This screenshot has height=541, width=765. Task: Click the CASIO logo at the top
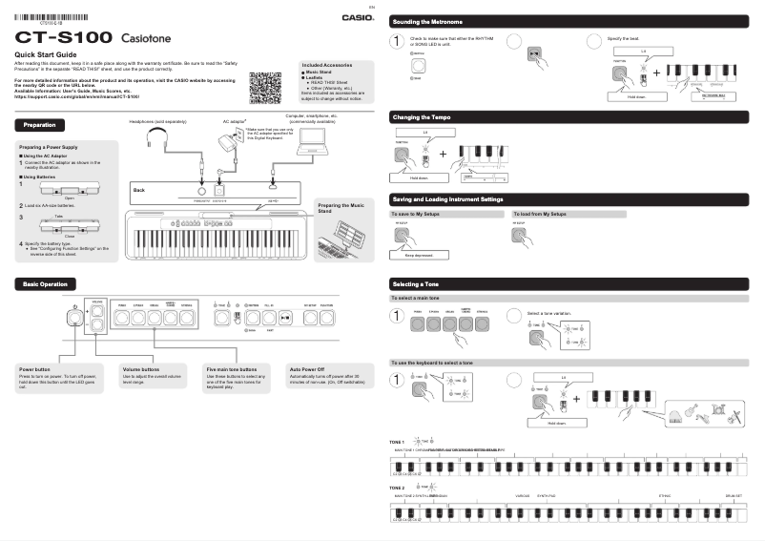point(358,16)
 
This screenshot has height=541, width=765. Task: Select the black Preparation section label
point(40,125)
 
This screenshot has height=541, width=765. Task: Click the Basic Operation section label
point(46,284)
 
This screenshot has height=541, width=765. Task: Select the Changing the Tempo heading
point(422,116)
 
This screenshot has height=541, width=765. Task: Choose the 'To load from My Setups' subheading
point(540,215)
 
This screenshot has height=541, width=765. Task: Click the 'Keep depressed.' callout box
point(418,256)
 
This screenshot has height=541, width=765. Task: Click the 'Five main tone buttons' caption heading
point(232,368)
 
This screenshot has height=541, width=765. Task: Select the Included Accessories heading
point(329,64)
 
